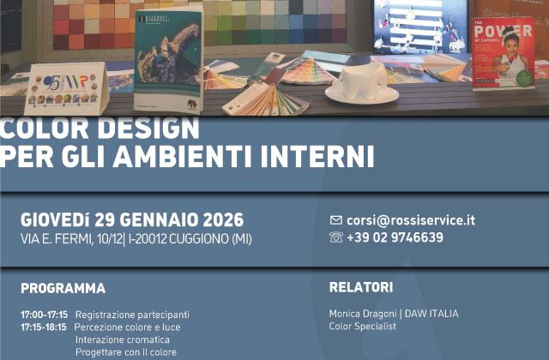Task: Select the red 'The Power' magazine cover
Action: point(503,54)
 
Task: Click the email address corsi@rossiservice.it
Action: point(411,219)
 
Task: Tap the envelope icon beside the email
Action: point(336,220)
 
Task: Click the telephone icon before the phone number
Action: point(336,237)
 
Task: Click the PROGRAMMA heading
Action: point(63,288)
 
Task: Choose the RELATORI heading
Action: point(361,287)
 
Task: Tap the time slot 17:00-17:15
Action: point(44,315)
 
